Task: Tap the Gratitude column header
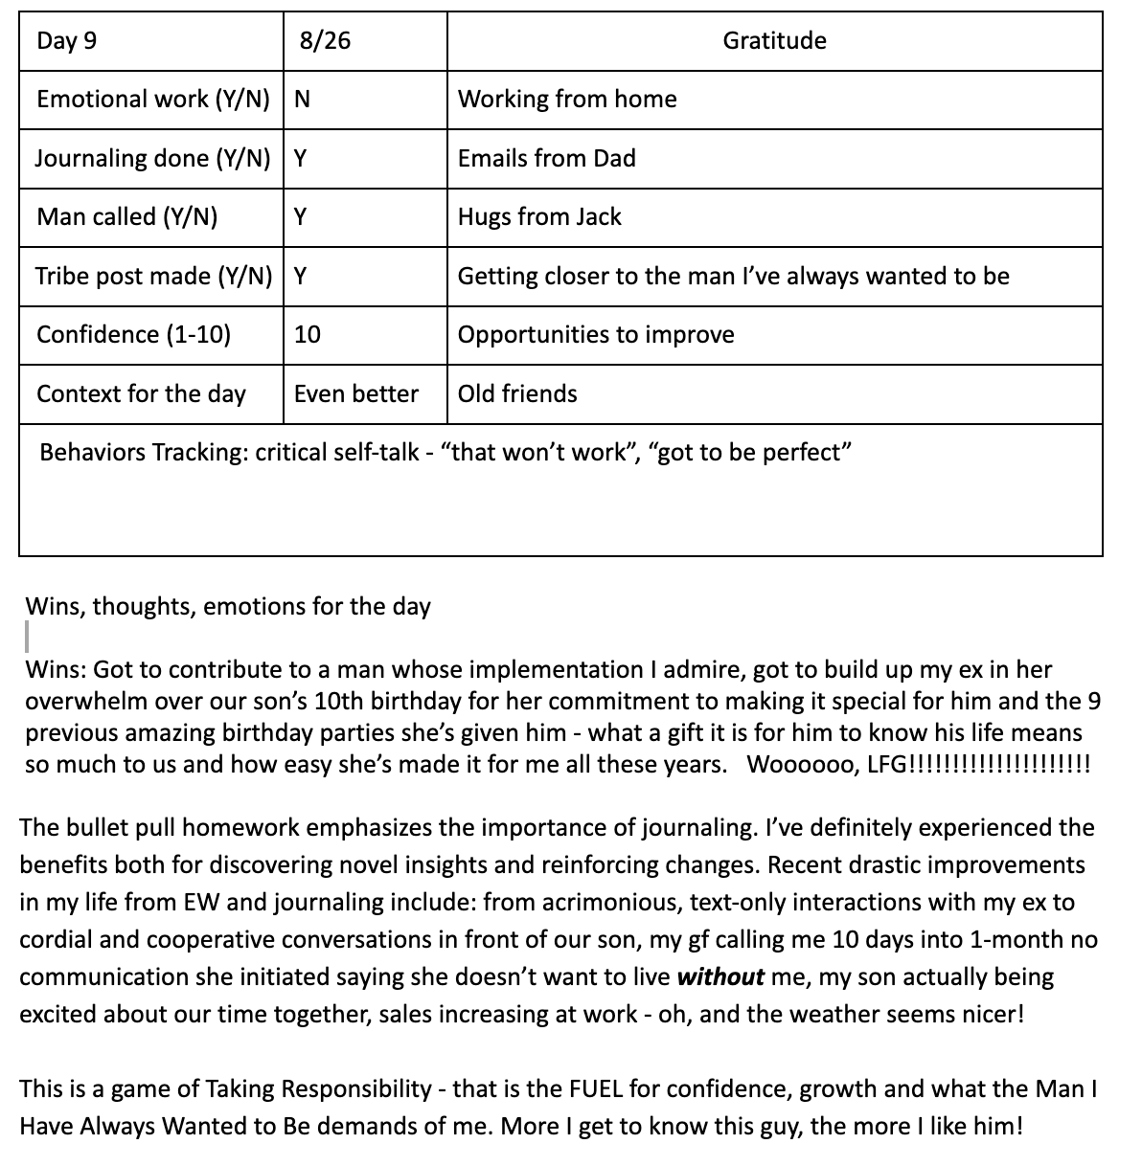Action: point(774,41)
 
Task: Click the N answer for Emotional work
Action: point(302,100)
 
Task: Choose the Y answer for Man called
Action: point(300,217)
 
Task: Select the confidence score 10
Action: point(308,335)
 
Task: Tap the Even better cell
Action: point(356,393)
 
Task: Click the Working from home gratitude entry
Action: point(567,100)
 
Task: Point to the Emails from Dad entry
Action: point(547,158)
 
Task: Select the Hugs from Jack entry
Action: point(539,217)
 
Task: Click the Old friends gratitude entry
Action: point(517,393)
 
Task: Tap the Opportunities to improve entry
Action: point(596,335)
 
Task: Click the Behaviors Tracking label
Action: point(144,453)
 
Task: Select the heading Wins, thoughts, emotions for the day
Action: point(228,607)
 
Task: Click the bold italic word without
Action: point(720,977)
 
